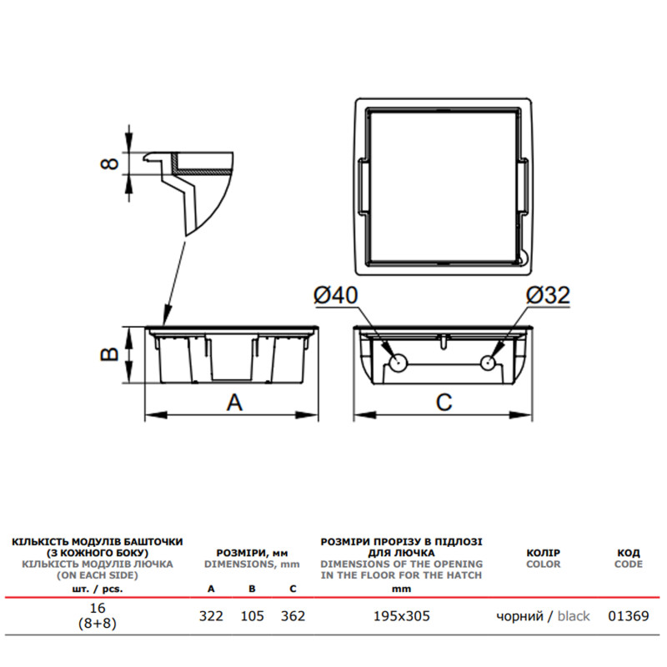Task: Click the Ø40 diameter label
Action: pyautogui.click(x=336, y=295)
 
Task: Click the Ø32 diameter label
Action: pyautogui.click(x=548, y=295)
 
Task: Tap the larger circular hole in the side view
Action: pyautogui.click(x=398, y=364)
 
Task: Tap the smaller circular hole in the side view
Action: pyautogui.click(x=488, y=363)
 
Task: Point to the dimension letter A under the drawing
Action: pyautogui.click(x=234, y=403)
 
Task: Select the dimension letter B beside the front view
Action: pyautogui.click(x=109, y=354)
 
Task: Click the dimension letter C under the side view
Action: pyautogui.click(x=444, y=403)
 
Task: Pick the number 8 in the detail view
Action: pyautogui.click(x=109, y=163)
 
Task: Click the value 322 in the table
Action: pyautogui.click(x=211, y=616)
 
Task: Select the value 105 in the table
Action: pyautogui.click(x=253, y=616)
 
